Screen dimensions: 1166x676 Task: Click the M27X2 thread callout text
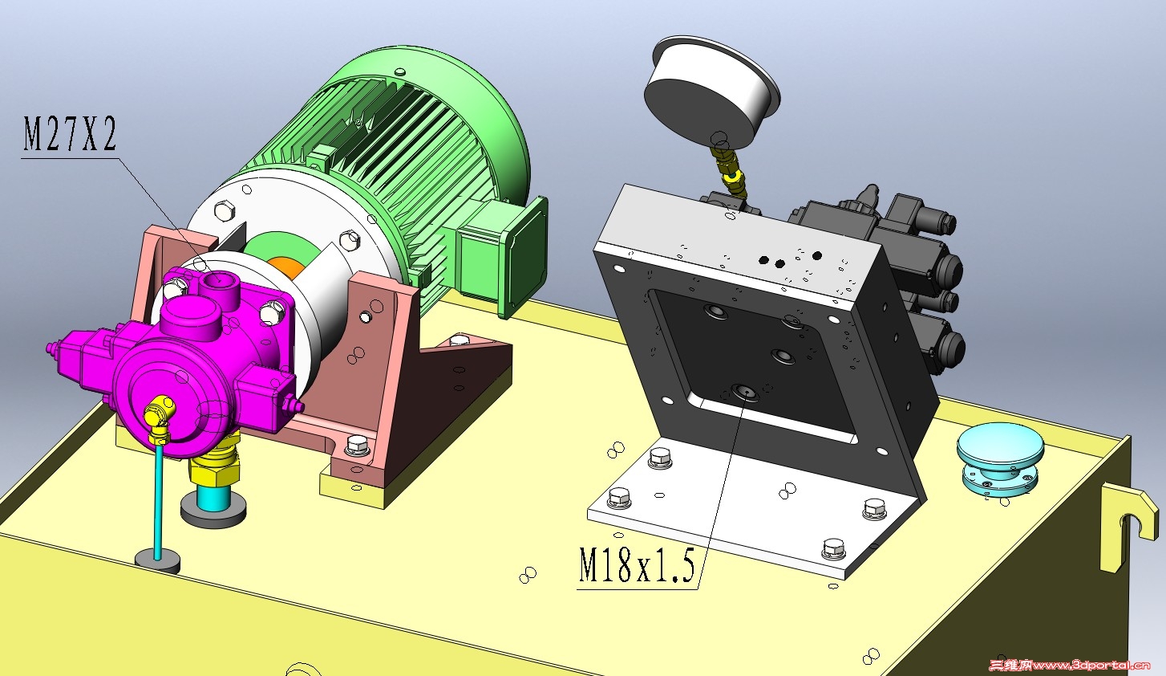(x=70, y=134)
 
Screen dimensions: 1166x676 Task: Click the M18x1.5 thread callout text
(x=638, y=565)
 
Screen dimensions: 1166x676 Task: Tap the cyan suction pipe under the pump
(x=213, y=497)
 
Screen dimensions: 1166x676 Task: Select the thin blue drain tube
(x=158, y=500)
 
